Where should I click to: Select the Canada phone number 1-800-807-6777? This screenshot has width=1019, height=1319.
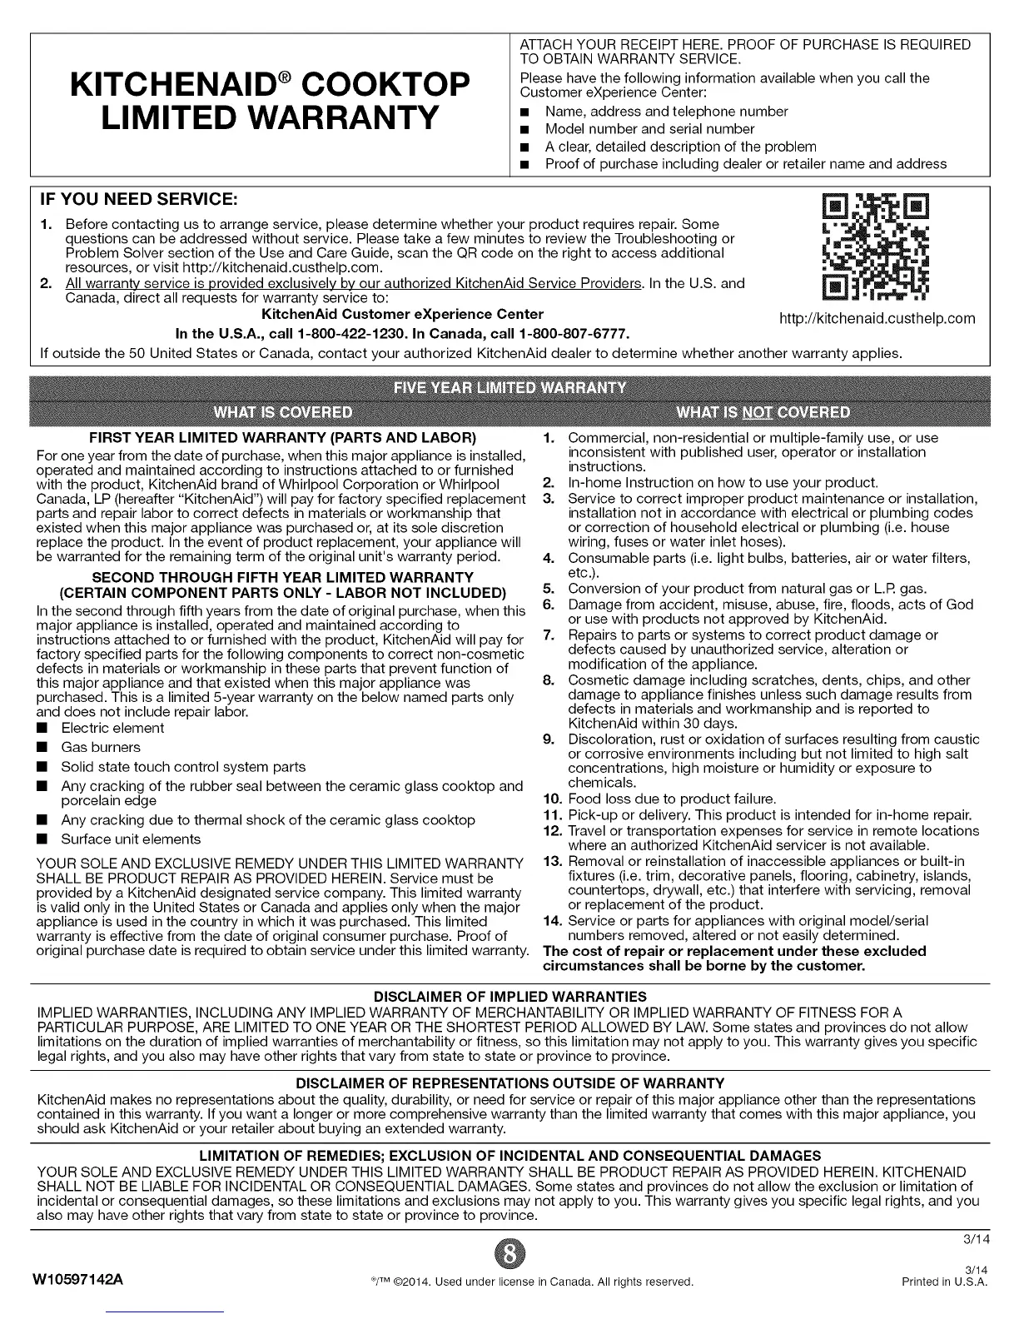pyautogui.click(x=574, y=334)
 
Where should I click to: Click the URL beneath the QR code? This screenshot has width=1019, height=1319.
pyautogui.click(x=876, y=318)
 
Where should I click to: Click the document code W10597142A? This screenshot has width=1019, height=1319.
pyautogui.click(x=79, y=1280)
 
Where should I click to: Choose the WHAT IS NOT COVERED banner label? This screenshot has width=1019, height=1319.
pyautogui.click(x=763, y=412)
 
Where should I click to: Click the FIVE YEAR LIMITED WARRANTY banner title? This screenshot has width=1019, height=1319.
pyautogui.click(x=509, y=387)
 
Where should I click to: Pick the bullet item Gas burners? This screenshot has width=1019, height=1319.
pyautogui.click(x=101, y=747)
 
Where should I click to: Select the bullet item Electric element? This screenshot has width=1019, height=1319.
pyautogui.click(x=112, y=728)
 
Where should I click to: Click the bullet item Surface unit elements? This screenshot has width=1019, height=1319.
pyautogui.click(x=131, y=839)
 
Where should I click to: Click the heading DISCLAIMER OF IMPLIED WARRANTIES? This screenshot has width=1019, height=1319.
pyautogui.click(x=509, y=997)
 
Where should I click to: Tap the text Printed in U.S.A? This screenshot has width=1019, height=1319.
pyautogui.click(x=945, y=1281)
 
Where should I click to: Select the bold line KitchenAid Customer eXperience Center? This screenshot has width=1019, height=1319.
pyautogui.click(x=402, y=314)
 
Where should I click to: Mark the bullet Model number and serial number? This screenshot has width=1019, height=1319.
pyautogui.click(x=649, y=129)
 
